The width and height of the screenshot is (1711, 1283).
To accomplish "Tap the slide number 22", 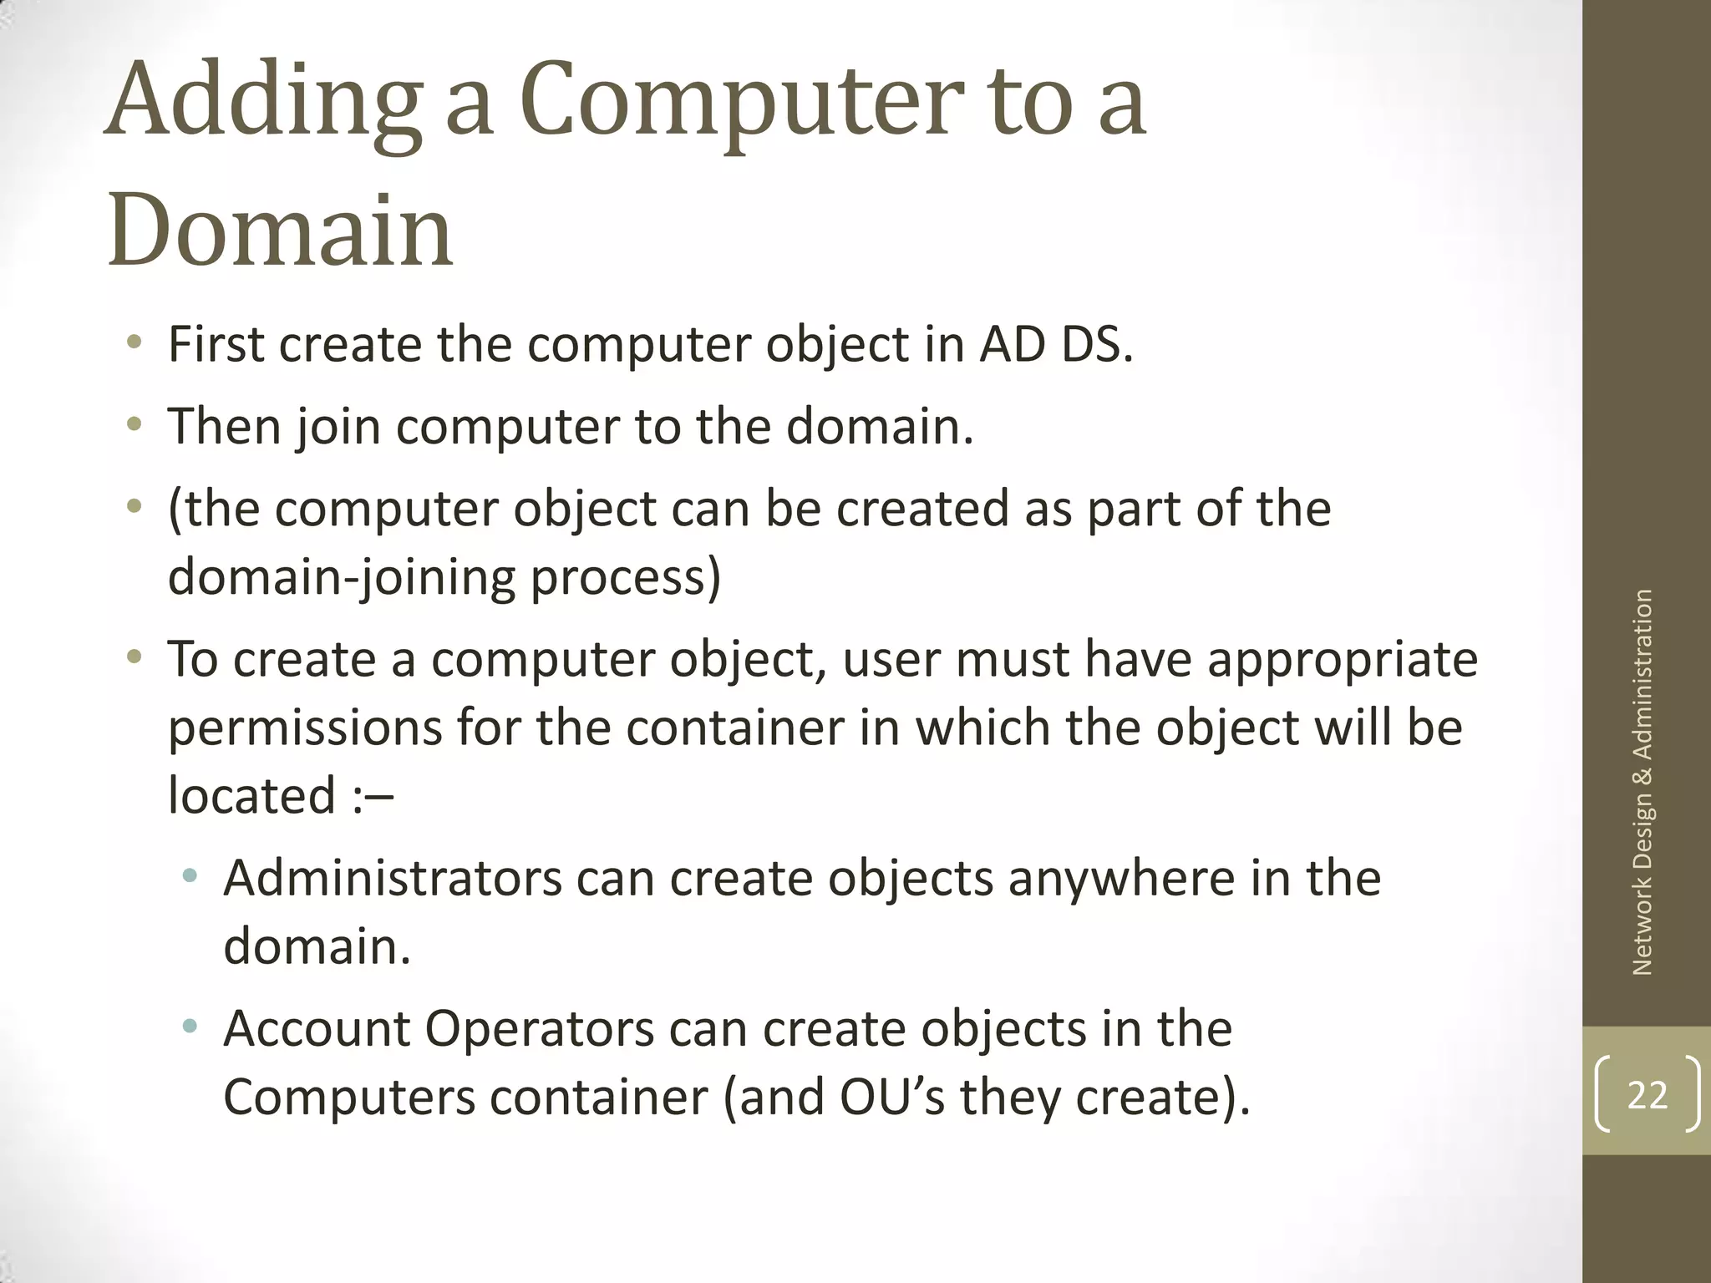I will pos(1647,1094).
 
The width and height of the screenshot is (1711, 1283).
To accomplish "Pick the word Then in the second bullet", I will pos(224,426).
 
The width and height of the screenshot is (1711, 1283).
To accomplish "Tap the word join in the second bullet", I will pos(338,428).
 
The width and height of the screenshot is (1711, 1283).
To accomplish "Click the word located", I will pos(251,795).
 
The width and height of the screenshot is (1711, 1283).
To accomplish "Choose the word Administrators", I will pos(393,879).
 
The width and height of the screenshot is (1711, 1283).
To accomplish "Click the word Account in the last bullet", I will pos(317,1029).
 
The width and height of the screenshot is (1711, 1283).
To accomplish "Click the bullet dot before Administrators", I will pos(190,876).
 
